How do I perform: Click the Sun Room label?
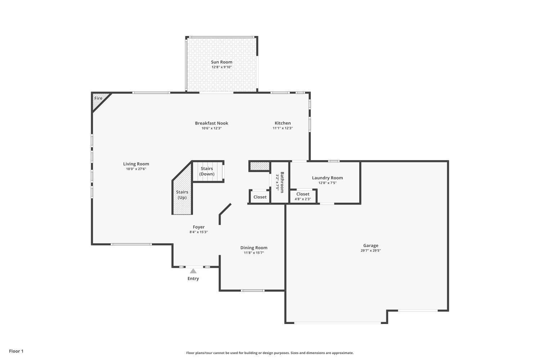[221, 62]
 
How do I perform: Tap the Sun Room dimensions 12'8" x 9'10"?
[221, 67]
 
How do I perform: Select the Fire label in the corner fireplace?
[98, 98]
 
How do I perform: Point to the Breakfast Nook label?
[211, 123]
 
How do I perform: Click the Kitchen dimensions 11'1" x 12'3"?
[283, 128]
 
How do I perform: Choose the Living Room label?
[136, 164]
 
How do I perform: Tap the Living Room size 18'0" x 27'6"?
[136, 169]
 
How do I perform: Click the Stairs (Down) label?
[207, 171]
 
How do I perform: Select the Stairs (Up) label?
[182, 195]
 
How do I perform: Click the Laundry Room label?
[327, 178]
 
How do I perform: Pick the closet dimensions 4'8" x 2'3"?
[303, 199]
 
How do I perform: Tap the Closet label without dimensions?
[260, 197]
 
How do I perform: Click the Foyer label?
[199, 227]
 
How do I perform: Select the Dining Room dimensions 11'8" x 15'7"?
[254, 253]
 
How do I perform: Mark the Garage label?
[371, 246]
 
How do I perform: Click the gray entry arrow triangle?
[193, 271]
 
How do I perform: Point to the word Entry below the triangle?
[193, 279]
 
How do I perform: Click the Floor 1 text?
[16, 351]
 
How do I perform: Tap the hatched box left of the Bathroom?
[260, 166]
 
